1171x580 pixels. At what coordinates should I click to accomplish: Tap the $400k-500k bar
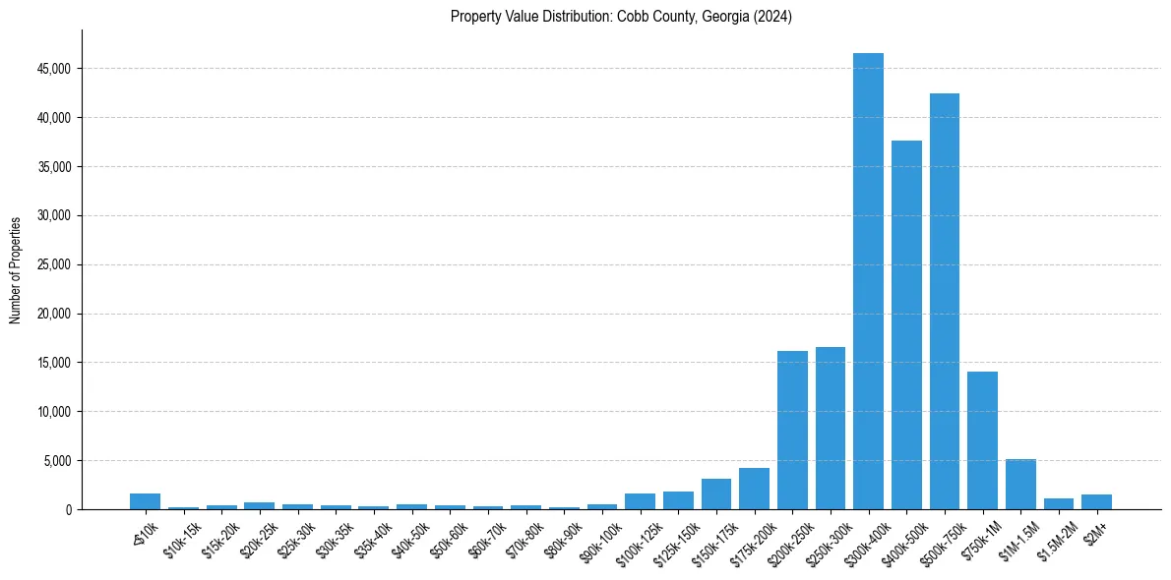(906, 324)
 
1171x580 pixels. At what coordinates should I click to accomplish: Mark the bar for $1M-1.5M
(1020, 485)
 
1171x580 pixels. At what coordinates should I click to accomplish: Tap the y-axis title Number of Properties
(16, 269)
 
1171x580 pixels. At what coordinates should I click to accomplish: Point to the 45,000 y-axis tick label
(51, 69)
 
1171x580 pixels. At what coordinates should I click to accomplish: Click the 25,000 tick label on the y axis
(51, 264)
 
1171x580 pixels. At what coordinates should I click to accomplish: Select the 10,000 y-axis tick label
(51, 412)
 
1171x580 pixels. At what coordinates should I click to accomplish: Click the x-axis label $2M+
(1093, 527)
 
